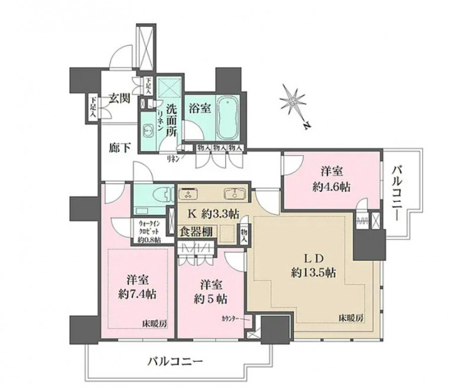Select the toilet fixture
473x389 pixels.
163,195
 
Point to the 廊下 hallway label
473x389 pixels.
119,149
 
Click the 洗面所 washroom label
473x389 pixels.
171,121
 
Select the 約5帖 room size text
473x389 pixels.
210,298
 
